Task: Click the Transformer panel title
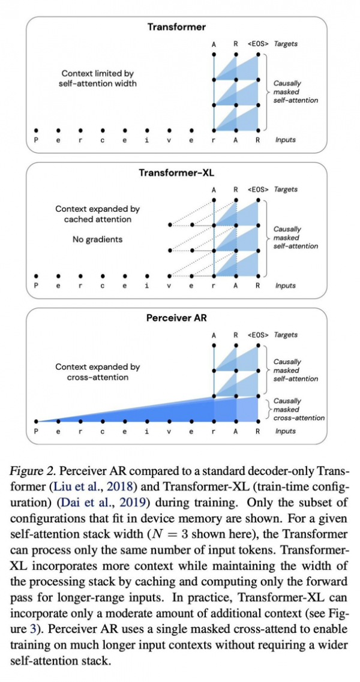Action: tap(176, 27)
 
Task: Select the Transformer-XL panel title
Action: tap(176, 173)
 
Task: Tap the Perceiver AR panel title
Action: tap(176, 318)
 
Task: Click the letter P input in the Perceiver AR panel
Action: tap(36, 431)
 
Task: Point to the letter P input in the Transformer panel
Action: tap(36, 140)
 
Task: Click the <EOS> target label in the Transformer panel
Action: tap(258, 44)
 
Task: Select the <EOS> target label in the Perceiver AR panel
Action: tap(258, 335)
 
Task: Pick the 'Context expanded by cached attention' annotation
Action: tap(97, 214)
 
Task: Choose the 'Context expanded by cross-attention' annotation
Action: tap(97, 372)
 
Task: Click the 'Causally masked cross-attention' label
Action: tap(298, 409)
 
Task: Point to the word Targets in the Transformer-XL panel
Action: tap(286, 190)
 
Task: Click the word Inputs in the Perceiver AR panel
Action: tap(286, 431)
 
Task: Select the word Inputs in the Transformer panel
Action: tap(286, 140)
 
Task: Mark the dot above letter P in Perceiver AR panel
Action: tap(36, 422)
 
